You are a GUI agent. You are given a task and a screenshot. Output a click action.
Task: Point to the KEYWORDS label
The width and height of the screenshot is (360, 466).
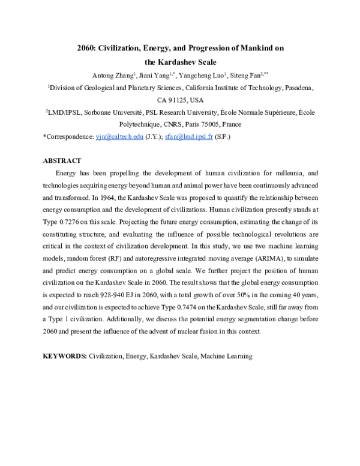(x=65, y=356)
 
